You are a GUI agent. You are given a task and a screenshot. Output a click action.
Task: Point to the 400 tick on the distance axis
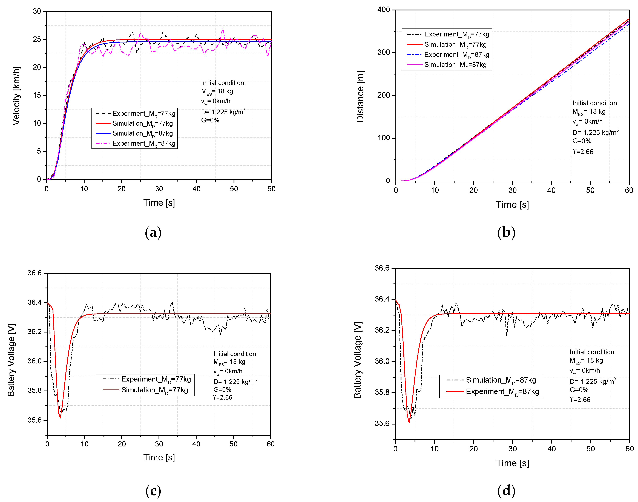pyautogui.click(x=384, y=10)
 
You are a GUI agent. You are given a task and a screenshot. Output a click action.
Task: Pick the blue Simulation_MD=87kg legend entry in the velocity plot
pyautogui.click(x=135, y=133)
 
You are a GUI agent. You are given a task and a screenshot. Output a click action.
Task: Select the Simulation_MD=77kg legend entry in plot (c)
pyautogui.click(x=145, y=390)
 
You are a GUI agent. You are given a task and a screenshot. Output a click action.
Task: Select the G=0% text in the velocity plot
pyautogui.click(x=210, y=120)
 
